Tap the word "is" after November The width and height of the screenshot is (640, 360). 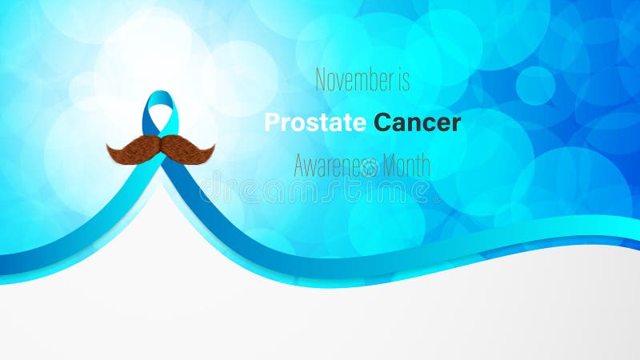coord(403,80)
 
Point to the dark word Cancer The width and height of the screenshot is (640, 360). coord(418,123)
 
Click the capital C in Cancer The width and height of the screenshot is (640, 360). coord(382,123)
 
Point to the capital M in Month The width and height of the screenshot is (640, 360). coord(391,166)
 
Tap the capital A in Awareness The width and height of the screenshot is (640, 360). coord(300,166)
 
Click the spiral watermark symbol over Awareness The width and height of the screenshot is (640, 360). coord(369,167)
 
